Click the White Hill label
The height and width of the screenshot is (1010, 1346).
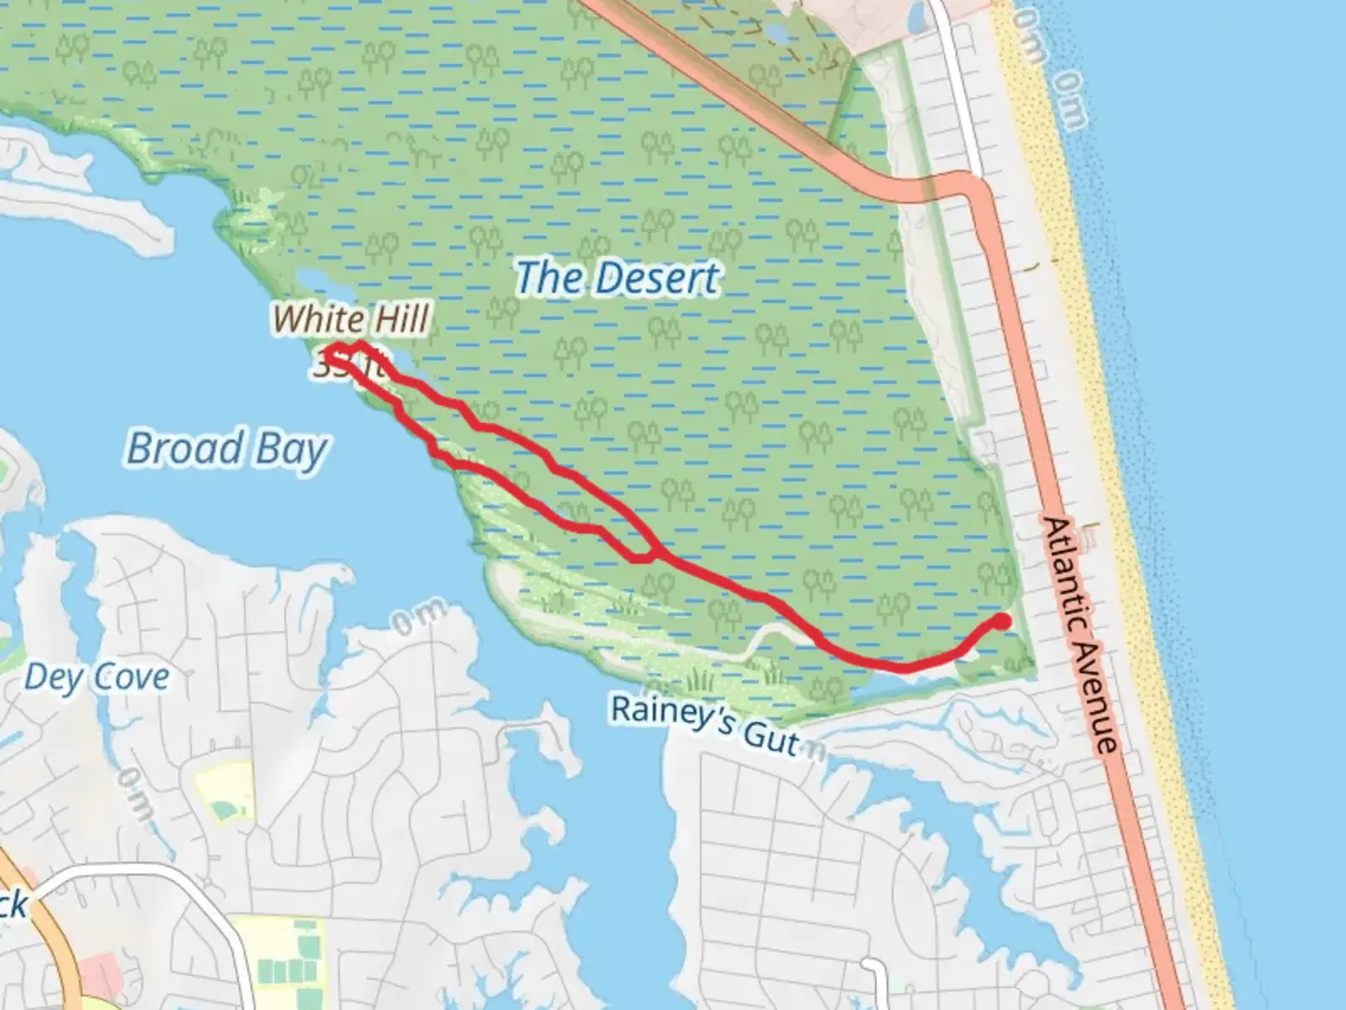(351, 320)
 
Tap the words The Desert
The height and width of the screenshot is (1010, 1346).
(618, 279)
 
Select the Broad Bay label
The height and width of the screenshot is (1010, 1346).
(227, 448)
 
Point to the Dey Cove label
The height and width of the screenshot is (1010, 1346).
(97, 677)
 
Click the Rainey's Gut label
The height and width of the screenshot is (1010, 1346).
(706, 724)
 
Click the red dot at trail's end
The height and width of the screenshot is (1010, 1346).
(1001, 621)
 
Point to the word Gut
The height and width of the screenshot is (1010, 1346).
(772, 739)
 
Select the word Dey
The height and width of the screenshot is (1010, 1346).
(47, 677)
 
